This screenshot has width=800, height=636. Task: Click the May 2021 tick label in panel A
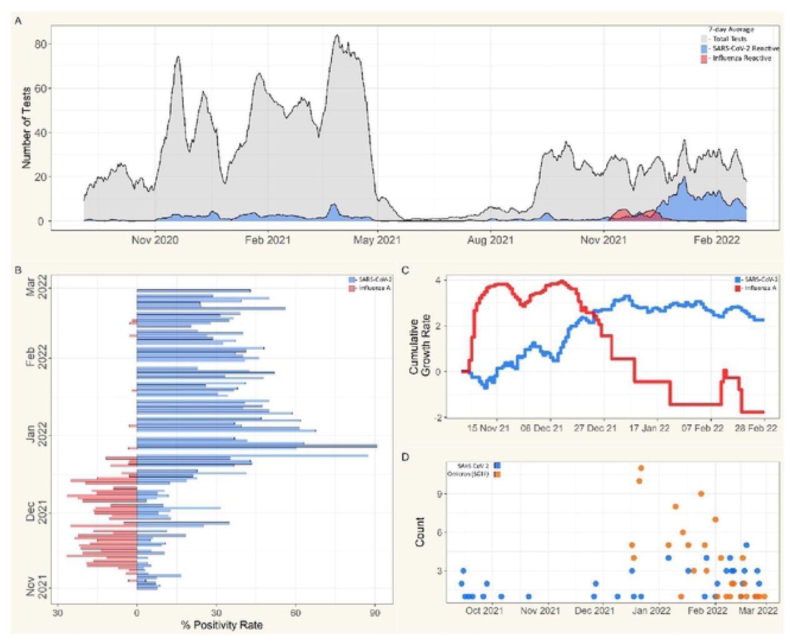click(377, 239)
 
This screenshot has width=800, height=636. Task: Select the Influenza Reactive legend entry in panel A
click(740, 58)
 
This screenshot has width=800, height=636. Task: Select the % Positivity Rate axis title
click(222, 625)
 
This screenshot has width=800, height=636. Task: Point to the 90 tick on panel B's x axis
click(375, 614)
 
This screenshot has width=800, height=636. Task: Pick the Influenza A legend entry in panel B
click(373, 288)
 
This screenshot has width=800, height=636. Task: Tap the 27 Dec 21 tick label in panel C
click(595, 428)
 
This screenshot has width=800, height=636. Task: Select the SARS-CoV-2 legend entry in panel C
click(757, 279)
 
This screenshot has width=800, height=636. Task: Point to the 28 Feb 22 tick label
click(756, 428)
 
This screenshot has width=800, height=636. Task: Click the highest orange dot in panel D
click(641, 467)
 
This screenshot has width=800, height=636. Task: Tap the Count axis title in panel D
click(419, 532)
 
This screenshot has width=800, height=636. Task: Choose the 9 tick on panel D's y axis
click(439, 494)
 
